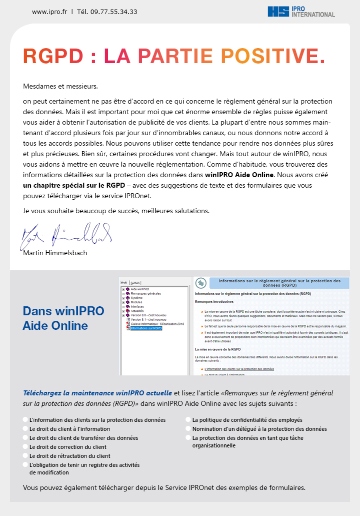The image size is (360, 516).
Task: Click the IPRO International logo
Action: point(301,12)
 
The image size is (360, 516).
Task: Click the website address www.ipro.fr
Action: point(49,12)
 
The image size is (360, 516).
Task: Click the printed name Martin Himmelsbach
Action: point(55,253)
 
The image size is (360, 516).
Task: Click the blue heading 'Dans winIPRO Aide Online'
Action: point(63,318)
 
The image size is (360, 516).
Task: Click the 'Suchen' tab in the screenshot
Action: point(135,283)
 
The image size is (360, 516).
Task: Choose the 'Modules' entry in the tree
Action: point(136,302)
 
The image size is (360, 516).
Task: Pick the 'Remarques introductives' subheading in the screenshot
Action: point(214,302)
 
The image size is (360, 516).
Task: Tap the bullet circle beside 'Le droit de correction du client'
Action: point(25,447)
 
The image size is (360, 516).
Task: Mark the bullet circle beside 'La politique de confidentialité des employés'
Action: point(188,420)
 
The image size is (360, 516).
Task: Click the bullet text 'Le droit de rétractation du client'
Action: point(70,456)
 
